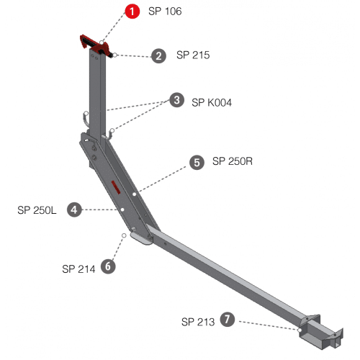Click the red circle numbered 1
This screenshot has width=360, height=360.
click(132, 11)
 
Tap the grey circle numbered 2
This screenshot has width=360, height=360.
click(158, 56)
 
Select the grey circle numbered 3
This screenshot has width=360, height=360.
click(177, 100)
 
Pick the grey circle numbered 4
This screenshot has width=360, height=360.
click(74, 210)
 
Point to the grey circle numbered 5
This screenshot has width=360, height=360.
click(197, 162)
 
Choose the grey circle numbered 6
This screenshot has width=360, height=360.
click(108, 266)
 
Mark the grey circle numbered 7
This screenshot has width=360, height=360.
click(228, 320)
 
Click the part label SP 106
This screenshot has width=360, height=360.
click(165, 12)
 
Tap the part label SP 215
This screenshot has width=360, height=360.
click(193, 55)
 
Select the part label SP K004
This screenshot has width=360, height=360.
click(212, 102)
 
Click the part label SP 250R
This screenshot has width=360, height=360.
click(233, 161)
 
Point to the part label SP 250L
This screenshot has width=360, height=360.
click(37, 210)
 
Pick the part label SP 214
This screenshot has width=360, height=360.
click(78, 269)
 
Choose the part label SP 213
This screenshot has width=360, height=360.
click(198, 322)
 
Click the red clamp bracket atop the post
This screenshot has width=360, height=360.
click(96, 45)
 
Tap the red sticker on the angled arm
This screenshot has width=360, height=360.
click(116, 187)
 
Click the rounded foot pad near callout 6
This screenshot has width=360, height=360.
click(141, 238)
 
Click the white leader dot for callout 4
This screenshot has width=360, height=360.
click(122, 210)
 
